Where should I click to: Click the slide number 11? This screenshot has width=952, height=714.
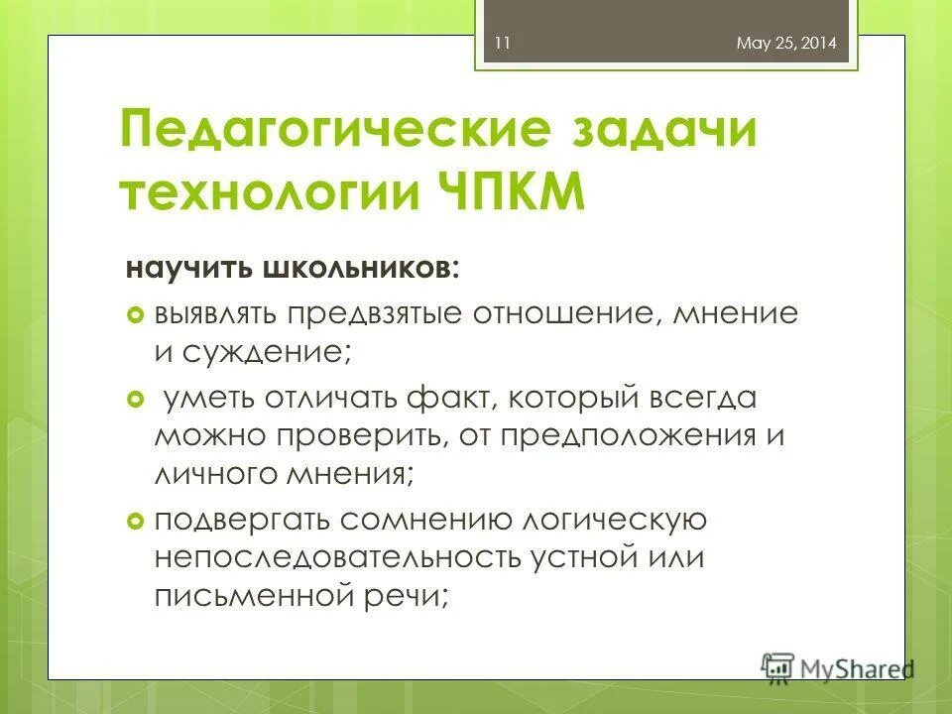point(501,44)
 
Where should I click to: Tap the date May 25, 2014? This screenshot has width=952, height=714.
point(787,44)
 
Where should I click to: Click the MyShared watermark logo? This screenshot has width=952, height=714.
point(839,666)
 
